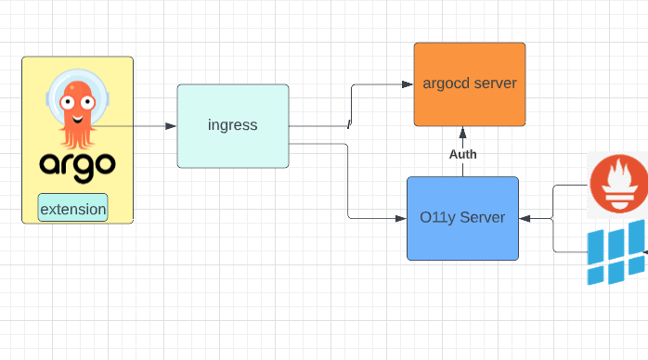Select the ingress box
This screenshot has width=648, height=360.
233,125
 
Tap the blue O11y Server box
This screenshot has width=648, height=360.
462,218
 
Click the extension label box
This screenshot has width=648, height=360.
72,209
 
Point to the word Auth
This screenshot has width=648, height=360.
462,154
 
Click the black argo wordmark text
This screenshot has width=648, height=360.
77,165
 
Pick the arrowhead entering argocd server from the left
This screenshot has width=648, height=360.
408,84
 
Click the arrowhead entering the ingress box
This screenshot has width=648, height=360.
172,125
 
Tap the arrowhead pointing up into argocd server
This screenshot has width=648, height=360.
462,132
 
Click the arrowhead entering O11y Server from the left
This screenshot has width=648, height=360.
402,219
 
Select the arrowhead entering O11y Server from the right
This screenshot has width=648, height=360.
525,219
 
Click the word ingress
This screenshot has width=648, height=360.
233,125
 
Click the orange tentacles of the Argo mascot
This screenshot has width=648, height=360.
77,135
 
